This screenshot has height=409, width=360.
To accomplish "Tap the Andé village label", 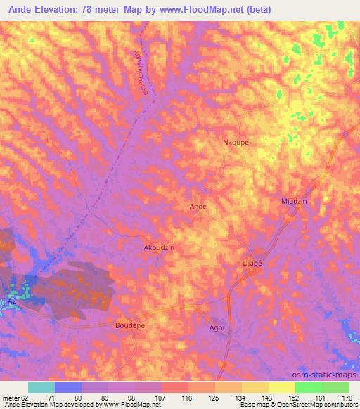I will click(x=198, y=207).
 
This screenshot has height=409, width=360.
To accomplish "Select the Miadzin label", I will click(x=295, y=201).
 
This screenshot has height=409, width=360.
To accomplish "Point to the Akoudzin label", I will click(x=158, y=248).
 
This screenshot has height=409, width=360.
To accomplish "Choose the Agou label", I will click(x=218, y=328).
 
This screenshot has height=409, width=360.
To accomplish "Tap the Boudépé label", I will click(x=130, y=326).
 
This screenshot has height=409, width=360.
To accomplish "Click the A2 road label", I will click(x=11, y=301).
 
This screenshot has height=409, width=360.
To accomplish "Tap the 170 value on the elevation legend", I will click(x=347, y=397).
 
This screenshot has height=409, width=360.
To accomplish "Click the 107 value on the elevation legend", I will click(x=161, y=397).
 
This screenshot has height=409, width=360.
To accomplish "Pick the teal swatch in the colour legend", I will click(x=41, y=387).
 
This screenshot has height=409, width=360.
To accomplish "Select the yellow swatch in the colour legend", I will click(x=281, y=387).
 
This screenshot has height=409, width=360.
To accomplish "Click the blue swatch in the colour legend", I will click(x=68, y=387).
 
